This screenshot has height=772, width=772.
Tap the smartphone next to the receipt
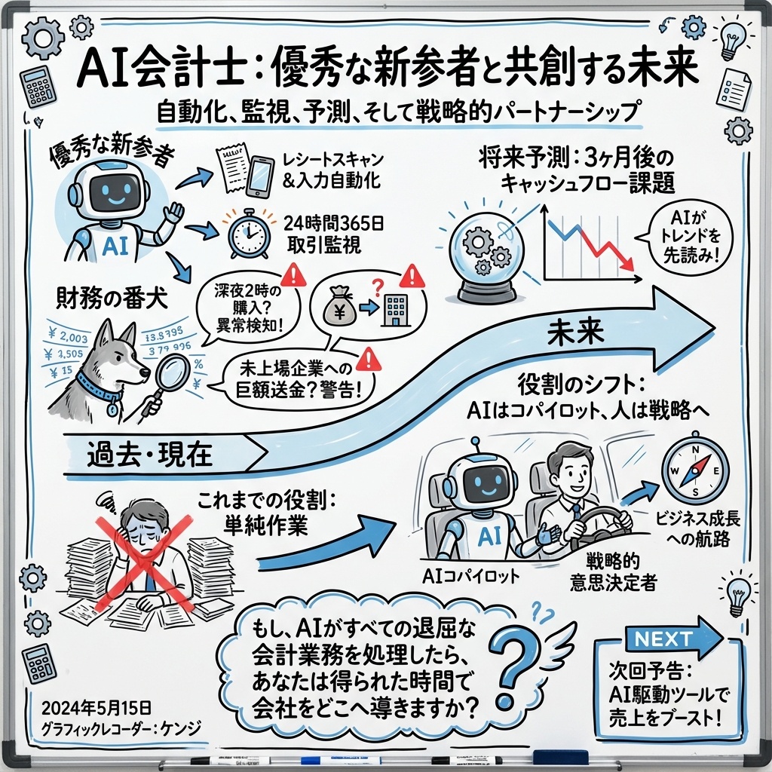tap(259, 179)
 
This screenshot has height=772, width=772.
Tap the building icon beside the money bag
tap(392, 309)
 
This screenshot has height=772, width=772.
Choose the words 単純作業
tap(264, 525)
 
